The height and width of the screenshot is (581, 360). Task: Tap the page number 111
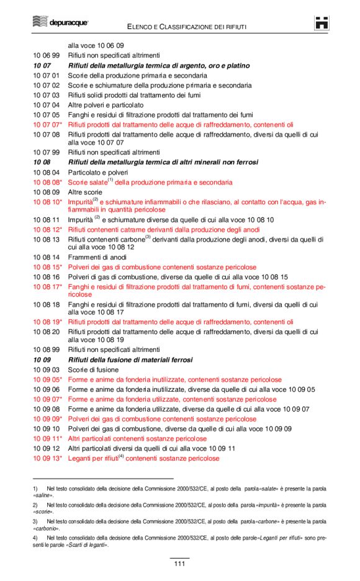179,564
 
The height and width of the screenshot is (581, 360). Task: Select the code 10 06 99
47,55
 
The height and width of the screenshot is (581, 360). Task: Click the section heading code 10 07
42,65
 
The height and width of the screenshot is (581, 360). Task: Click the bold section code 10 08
42,162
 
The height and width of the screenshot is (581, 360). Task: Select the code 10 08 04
47,172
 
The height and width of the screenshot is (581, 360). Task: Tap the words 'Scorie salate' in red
87,182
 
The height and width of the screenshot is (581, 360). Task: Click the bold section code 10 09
42,360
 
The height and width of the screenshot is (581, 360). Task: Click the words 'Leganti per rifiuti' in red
93,459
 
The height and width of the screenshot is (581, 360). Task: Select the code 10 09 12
47,449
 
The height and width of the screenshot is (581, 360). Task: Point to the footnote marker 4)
35,538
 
